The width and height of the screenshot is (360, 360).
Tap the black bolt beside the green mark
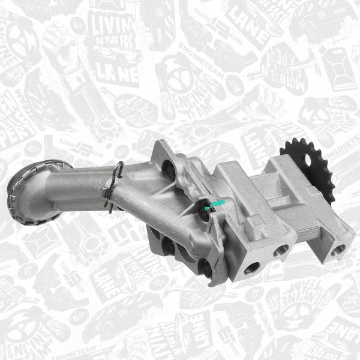pyautogui.click(x=204, y=213)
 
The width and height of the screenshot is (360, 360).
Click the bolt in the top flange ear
pyautogui.click(x=169, y=171)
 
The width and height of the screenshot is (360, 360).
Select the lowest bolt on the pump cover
pyautogui.click(x=206, y=268)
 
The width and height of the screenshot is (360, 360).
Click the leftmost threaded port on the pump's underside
pyautogui.click(x=251, y=268)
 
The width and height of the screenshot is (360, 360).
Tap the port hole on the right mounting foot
pyautogui.click(x=340, y=248)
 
